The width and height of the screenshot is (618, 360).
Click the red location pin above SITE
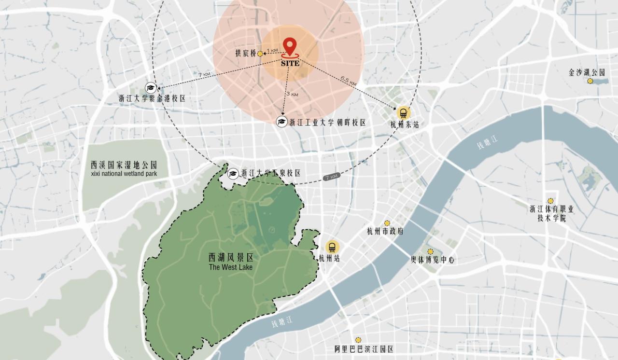click(x=289, y=46)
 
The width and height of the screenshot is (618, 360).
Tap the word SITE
click(x=290, y=63)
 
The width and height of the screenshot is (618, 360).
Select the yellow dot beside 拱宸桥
click(x=260, y=54)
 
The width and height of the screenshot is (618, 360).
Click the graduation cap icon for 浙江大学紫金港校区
click(x=151, y=88)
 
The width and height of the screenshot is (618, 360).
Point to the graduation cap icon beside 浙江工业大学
click(x=282, y=122)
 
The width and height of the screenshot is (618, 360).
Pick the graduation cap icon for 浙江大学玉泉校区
click(x=233, y=173)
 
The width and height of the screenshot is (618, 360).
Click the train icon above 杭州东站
click(x=404, y=113)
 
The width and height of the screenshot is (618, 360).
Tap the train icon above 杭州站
click(x=332, y=247)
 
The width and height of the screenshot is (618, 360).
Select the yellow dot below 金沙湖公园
click(x=590, y=81)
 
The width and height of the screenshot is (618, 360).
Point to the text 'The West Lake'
click(x=231, y=267)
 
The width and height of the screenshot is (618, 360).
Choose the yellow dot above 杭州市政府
click(x=387, y=223)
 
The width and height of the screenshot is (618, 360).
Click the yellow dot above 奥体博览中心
click(x=430, y=251)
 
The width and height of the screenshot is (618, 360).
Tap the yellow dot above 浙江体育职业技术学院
click(x=550, y=201)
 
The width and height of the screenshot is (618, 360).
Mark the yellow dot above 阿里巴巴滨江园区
click(x=358, y=340)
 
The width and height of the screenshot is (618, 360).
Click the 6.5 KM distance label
click(x=348, y=81)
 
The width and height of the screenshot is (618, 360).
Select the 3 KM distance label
click(x=292, y=94)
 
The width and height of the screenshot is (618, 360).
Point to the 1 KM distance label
click(x=273, y=51)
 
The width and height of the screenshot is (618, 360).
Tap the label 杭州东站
click(x=405, y=125)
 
